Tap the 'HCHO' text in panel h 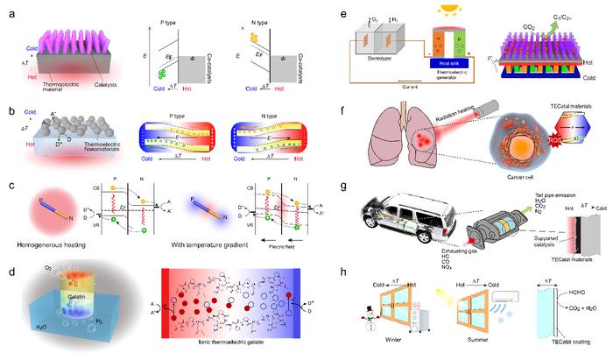581,297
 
